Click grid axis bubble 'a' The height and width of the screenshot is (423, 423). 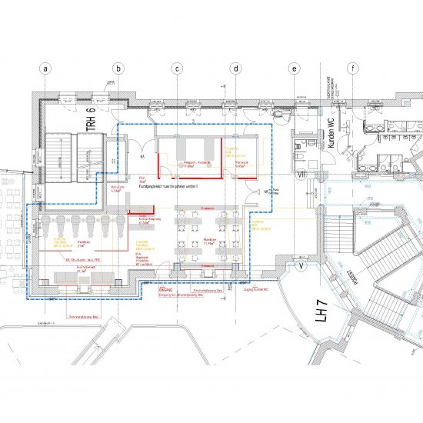pyautogui.click(x=45, y=68)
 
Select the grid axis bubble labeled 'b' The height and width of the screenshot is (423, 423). pyautogui.click(x=118, y=68)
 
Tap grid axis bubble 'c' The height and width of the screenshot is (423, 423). pyautogui.click(x=177, y=68)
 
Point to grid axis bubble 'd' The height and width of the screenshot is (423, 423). pyautogui.click(x=236, y=68)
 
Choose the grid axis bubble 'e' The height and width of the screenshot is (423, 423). pyautogui.click(x=294, y=68)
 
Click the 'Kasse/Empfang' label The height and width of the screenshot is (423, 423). pyautogui.click(x=147, y=219)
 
